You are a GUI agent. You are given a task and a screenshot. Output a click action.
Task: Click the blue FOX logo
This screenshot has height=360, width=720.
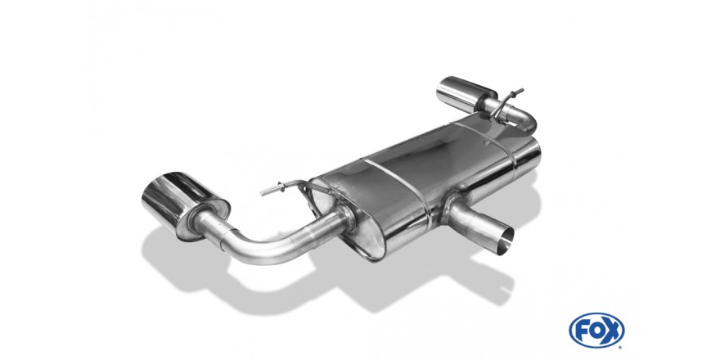point(596,330)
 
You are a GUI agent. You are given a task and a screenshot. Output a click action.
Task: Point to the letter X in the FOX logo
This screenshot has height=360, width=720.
point(611,331)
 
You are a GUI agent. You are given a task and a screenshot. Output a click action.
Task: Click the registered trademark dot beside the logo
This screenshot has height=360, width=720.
point(620,347)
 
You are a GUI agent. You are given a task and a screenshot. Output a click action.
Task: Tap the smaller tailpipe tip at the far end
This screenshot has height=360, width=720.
point(465,94)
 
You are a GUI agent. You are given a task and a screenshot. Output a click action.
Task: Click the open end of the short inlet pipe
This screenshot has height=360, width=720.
point(506,238)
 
